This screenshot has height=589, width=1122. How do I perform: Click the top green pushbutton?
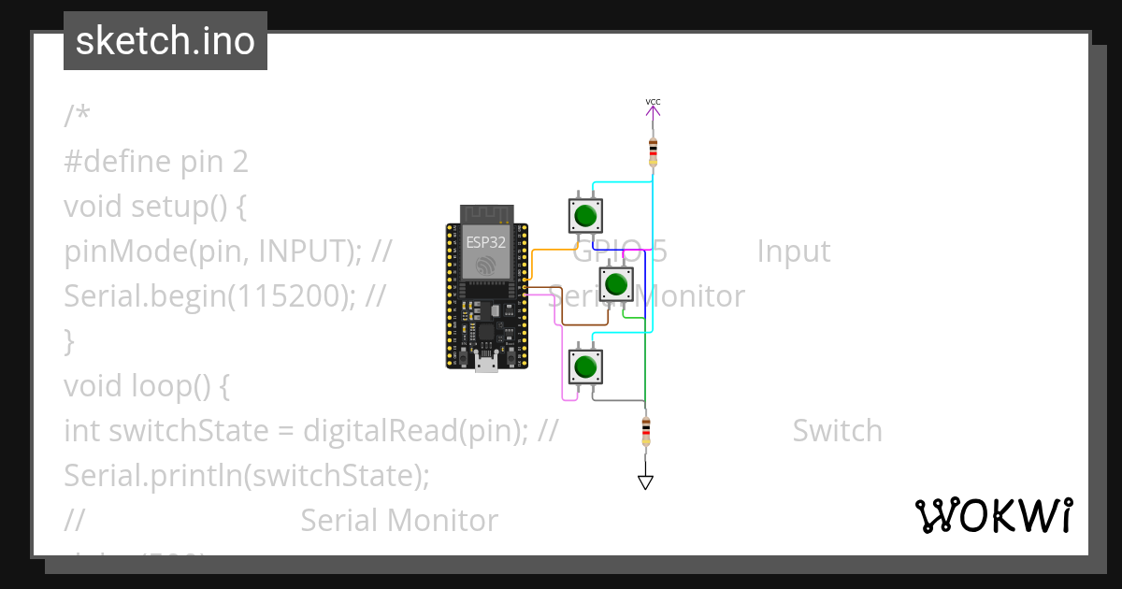pyautogui.click(x=585, y=216)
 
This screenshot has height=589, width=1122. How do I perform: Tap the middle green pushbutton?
pyautogui.click(x=615, y=283)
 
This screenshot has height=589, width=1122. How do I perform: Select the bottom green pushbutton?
pyautogui.click(x=585, y=366)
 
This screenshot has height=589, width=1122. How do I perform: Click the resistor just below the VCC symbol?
pyautogui.click(x=653, y=151)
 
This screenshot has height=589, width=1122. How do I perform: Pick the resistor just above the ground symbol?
pyautogui.click(x=645, y=431)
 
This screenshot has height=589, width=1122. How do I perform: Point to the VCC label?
pyautogui.click(x=653, y=101)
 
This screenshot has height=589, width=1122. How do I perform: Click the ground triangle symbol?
pyautogui.click(x=645, y=481)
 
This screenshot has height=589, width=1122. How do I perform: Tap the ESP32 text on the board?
pyautogui.click(x=486, y=241)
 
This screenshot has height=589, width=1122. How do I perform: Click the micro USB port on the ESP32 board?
pyautogui.click(x=486, y=364)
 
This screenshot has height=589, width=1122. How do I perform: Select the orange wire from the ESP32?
pyautogui.click(x=552, y=250)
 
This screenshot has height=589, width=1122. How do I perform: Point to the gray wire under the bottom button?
pyautogui.click(x=617, y=401)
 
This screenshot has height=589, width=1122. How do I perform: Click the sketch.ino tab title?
pyautogui.click(x=165, y=41)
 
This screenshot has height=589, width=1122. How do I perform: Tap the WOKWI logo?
pyautogui.click(x=993, y=515)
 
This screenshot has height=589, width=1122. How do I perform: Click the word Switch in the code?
pyautogui.click(x=837, y=431)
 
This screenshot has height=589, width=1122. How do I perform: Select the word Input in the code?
pyautogui.click(x=793, y=251)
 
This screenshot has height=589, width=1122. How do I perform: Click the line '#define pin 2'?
pyautogui.click(x=156, y=162)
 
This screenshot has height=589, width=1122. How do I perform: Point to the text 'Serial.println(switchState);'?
pyautogui.click(x=246, y=476)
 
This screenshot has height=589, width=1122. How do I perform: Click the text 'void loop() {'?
pyautogui.click(x=146, y=386)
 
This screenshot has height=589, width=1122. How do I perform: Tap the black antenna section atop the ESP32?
pyautogui.click(x=486, y=214)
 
